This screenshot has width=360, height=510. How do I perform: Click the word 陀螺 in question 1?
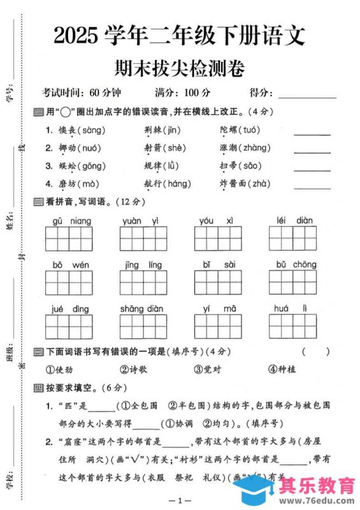[x=227, y=130]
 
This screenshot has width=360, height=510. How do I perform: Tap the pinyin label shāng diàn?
[x=141, y=309]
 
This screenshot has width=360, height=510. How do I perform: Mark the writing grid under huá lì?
[x=292, y=326]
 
